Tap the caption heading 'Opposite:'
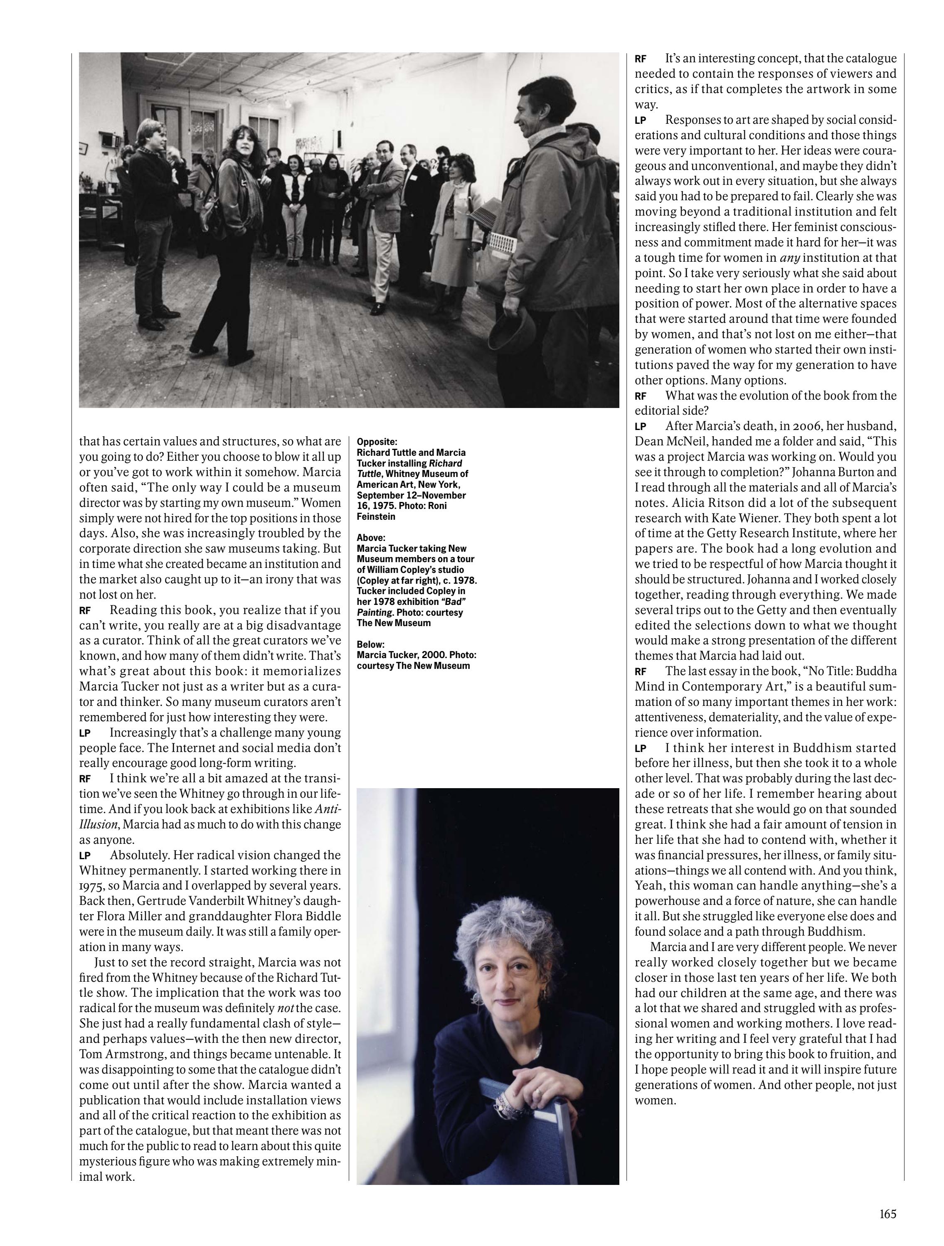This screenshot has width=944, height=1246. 377,442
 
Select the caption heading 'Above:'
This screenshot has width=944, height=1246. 371,538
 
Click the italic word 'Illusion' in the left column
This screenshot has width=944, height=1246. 99,825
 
